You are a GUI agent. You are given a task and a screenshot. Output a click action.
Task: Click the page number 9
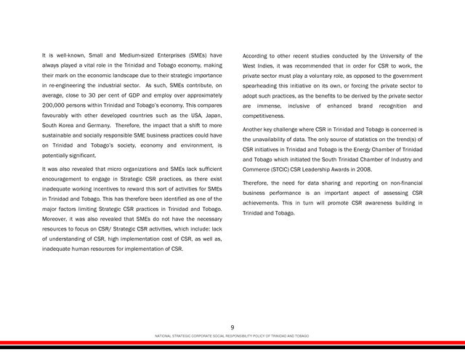232,328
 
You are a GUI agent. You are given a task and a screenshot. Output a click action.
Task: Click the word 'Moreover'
57,220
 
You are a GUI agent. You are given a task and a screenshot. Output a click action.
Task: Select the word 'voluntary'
333,76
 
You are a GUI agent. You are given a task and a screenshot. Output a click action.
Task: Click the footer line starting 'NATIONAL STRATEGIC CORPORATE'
232,336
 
